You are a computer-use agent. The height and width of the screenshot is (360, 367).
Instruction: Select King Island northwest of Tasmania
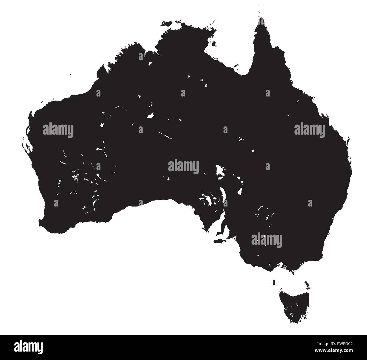[274, 282]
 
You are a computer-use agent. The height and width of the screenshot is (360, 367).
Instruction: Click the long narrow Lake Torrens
[224, 194]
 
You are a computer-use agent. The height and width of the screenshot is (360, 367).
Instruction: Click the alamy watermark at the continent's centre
[183, 166]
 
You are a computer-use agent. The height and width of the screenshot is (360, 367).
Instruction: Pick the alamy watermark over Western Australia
[58, 130]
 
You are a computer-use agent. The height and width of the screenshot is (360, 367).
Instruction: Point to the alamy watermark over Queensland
[310, 130]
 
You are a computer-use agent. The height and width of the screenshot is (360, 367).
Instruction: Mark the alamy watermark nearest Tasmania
[266, 240]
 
